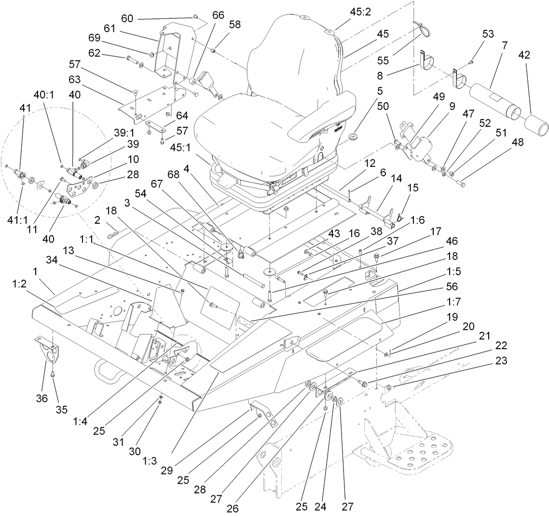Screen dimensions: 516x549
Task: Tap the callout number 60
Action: pyautogui.click(x=127, y=18)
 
